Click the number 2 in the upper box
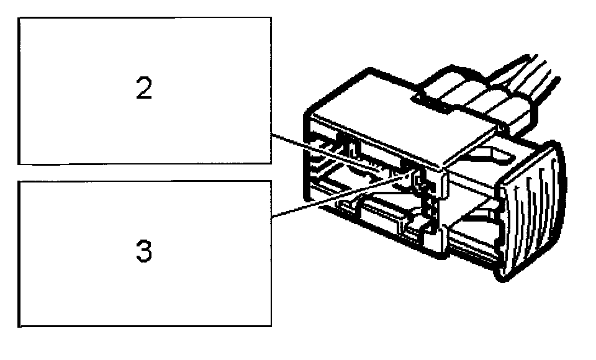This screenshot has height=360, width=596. click(144, 90)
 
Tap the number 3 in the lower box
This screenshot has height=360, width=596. click(143, 253)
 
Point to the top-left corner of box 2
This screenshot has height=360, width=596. click(19, 17)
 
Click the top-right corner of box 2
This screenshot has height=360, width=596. click(271, 17)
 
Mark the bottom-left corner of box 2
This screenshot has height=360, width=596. click(19, 164)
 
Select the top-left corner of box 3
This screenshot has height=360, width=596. click(19, 181)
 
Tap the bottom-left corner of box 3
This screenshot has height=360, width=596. click(19, 326)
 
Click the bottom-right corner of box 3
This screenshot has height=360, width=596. click(271, 326)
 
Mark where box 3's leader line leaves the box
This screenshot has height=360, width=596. click(271, 218)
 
